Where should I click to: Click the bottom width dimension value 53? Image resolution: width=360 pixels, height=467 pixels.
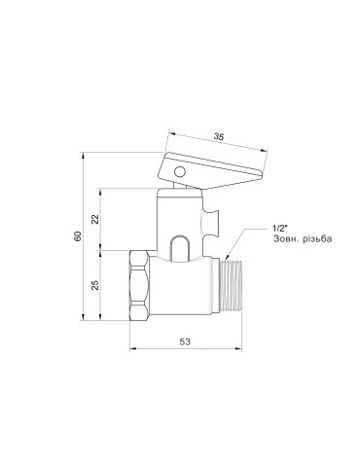tap(184, 341)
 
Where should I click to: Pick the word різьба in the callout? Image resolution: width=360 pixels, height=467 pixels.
tap(301, 240)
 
